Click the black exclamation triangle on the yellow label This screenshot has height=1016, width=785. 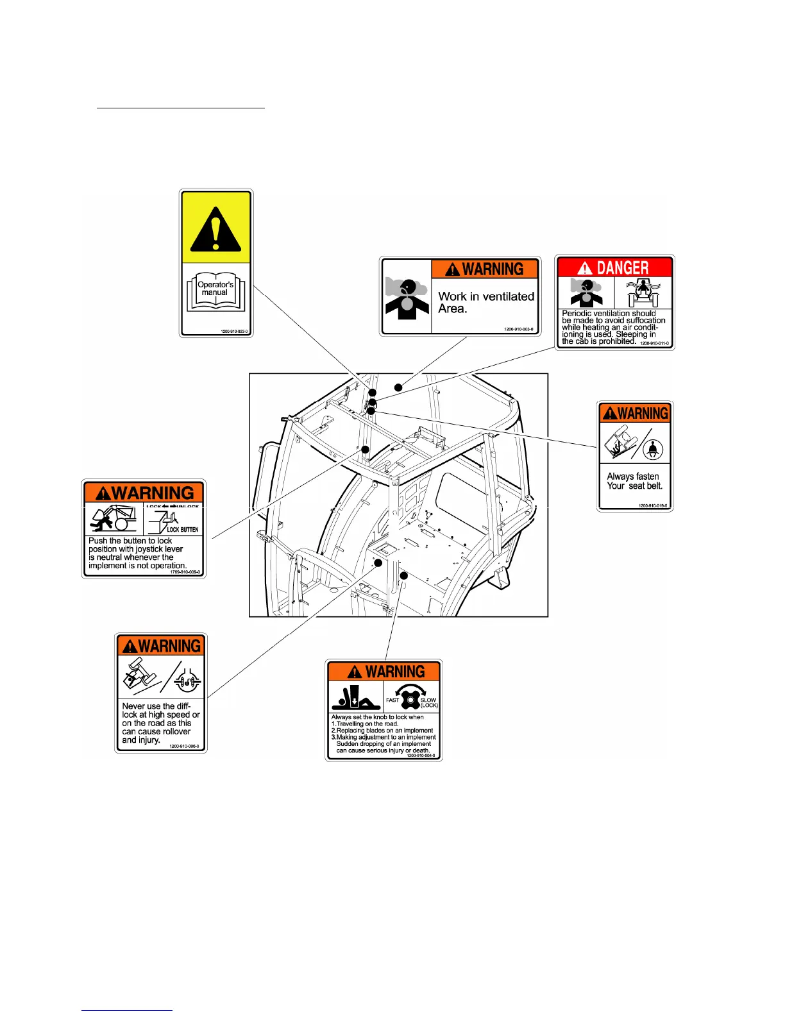pos(216,229)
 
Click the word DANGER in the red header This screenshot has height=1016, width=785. pos(622,267)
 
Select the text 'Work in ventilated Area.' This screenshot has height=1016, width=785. pos(485,302)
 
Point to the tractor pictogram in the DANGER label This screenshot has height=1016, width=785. pos(643,293)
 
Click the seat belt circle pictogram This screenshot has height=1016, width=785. pos(652,449)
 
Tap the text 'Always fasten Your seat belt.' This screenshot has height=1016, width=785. pos(634,481)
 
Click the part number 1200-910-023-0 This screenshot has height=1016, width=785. pos(234,332)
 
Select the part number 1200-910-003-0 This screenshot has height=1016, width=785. pos(518,329)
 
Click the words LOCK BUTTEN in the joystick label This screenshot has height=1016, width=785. pos(182,530)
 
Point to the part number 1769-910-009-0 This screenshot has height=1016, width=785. pos(185,571)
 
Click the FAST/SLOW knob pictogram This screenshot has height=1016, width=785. pos(411,697)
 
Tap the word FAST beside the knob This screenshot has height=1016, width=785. pos(393,700)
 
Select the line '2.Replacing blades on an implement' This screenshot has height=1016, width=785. pos(382,731)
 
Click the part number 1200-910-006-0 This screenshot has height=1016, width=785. pos(184,746)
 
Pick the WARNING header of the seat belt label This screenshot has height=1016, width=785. pos(635,413)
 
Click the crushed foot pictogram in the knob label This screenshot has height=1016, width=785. pos(355,697)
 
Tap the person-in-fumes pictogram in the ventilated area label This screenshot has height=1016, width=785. pos(405,297)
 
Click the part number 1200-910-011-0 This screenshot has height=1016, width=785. pos(654,344)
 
